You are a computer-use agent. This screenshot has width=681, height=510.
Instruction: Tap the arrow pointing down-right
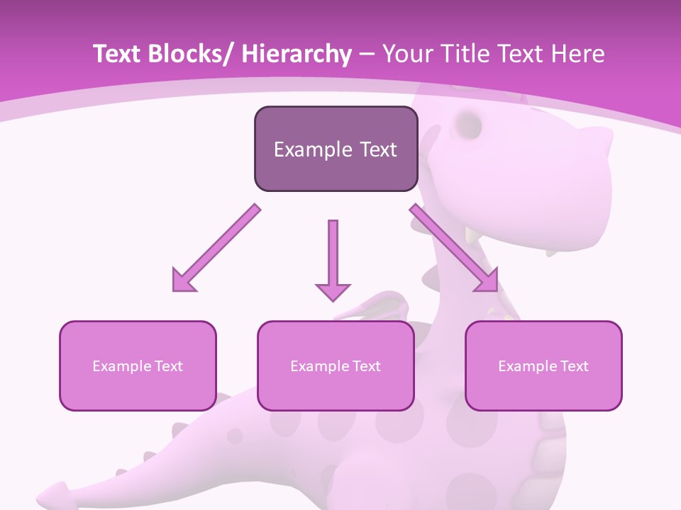[455, 249]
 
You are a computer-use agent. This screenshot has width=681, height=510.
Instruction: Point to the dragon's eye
[469, 125]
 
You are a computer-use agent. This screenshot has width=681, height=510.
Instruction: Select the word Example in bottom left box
[118, 366]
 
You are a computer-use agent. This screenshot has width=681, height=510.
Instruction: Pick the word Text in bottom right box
[572, 366]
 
